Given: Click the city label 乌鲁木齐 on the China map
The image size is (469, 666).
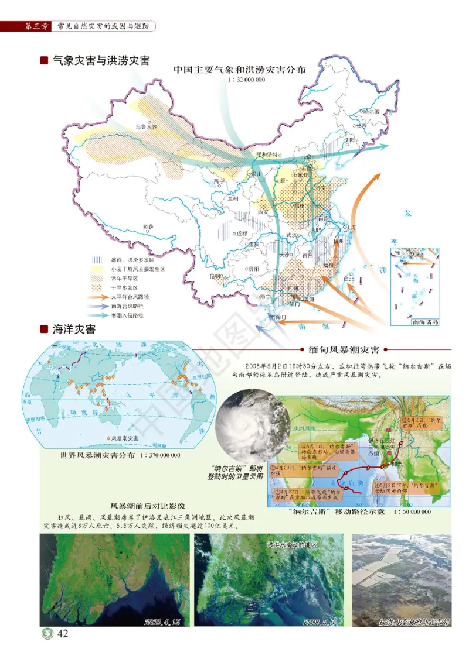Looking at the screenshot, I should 147,126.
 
